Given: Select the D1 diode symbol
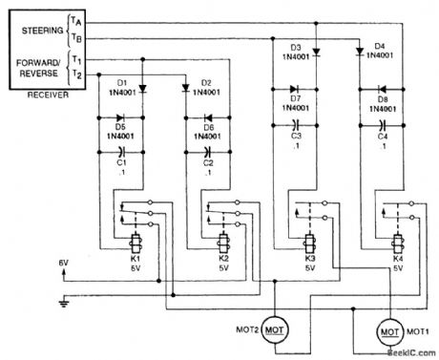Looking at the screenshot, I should tap(142, 89).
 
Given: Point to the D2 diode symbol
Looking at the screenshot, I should tap(187, 89).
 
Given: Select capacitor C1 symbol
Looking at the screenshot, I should tap(121, 150).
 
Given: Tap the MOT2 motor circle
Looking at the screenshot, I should tap(277, 328).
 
